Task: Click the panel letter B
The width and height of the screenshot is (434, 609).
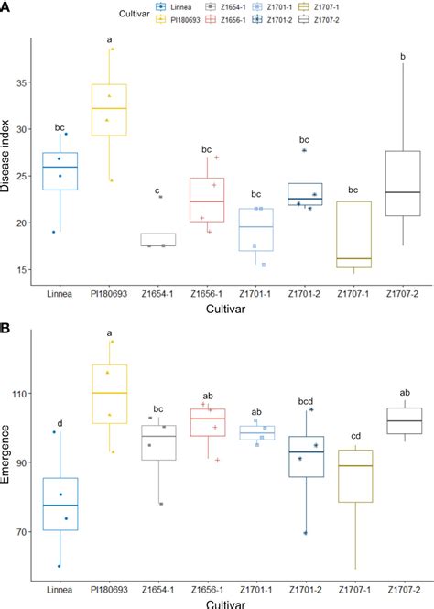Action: [x=6, y=326]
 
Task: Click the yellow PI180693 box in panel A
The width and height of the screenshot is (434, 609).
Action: [x=109, y=110]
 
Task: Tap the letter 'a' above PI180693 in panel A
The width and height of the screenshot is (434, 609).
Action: [x=109, y=40]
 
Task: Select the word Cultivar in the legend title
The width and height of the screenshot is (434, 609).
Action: [x=136, y=13]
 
